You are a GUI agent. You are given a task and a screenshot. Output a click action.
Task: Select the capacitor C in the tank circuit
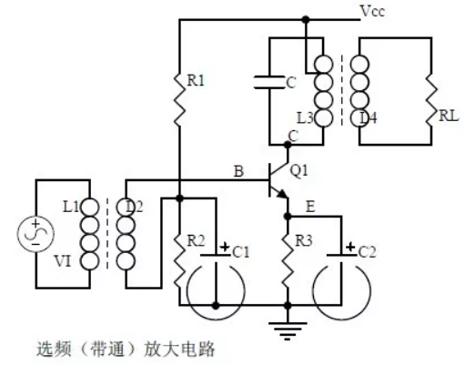coord(271,82)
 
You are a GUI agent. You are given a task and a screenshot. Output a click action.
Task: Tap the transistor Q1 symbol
coord(274,183)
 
